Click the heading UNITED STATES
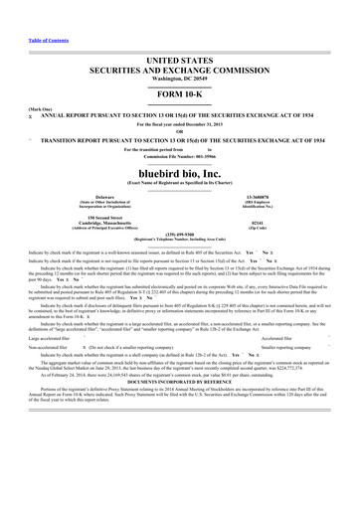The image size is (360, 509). pos(180,34)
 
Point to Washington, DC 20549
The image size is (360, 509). pos(180,54)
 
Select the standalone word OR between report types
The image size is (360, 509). pos(180,104)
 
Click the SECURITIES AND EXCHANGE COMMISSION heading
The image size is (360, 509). pos(180,44)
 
